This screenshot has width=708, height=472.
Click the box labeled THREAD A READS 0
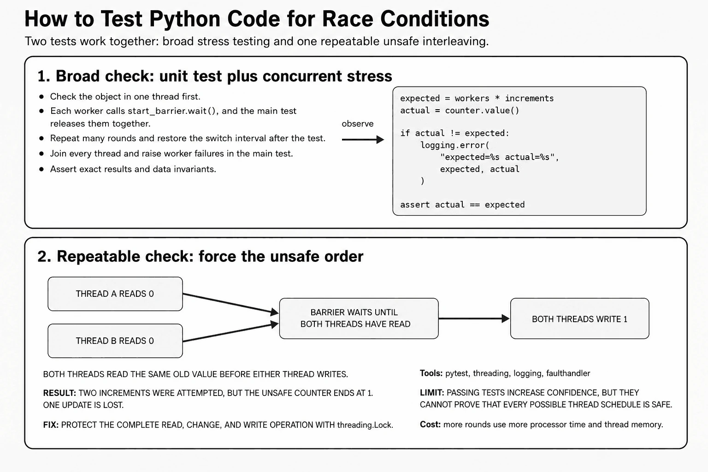point(115,294)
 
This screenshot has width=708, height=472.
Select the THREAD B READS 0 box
point(115,341)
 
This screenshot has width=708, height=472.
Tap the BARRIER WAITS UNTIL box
point(359,319)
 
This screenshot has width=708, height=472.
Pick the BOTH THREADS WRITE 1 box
point(580,319)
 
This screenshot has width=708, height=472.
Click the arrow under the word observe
point(363,139)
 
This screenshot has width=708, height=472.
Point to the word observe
point(358,124)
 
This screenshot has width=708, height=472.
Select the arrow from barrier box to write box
point(474,319)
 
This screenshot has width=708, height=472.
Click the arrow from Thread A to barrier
point(231,303)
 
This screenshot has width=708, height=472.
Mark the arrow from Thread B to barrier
point(231,332)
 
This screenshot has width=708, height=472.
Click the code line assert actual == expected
point(462,205)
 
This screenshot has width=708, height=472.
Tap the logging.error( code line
point(455,145)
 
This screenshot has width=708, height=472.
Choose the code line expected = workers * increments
point(477,98)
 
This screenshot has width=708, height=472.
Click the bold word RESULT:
point(59,393)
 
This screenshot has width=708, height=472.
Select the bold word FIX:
point(51,425)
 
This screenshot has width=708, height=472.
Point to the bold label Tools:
point(431,373)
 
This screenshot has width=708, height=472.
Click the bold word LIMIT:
point(432,393)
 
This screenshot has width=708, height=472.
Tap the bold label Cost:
point(430,424)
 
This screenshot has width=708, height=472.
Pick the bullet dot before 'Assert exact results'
point(41,170)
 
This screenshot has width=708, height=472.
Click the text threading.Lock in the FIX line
point(365,425)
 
